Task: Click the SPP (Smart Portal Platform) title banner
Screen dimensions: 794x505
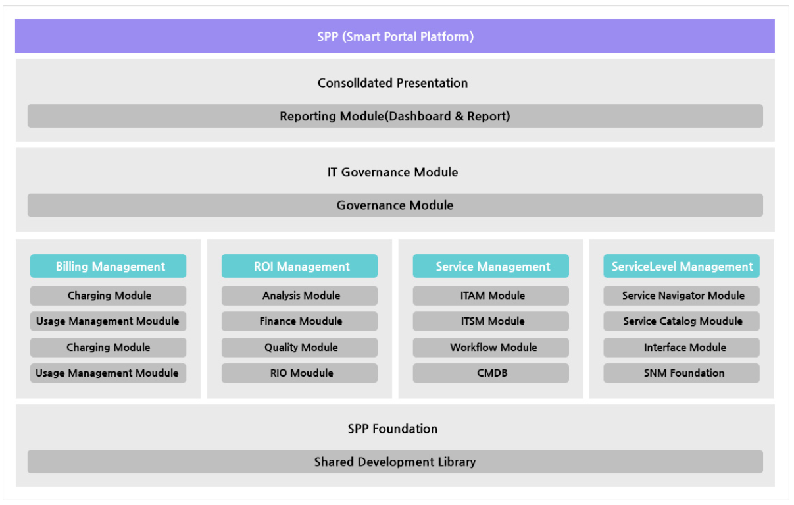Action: pos(395,36)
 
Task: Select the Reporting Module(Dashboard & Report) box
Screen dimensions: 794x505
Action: pos(395,116)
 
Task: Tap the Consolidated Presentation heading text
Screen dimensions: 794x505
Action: pos(393,83)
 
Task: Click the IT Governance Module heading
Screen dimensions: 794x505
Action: pos(393,172)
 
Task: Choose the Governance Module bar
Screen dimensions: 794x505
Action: pos(395,205)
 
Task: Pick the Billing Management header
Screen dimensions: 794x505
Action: pos(108,266)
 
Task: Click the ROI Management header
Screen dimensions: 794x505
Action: pos(299,266)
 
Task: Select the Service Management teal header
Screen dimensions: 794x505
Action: pos(491,266)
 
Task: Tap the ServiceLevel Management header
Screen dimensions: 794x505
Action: pos(682,266)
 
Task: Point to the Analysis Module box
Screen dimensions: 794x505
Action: pos(299,296)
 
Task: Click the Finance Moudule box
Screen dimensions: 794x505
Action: pos(299,321)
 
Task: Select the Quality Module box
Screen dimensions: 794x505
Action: pos(299,347)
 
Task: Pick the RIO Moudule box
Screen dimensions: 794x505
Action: pos(299,373)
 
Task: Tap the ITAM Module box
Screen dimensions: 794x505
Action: pos(491,296)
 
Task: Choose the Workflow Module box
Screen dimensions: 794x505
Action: pos(491,347)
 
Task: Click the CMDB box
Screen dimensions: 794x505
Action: pos(491,373)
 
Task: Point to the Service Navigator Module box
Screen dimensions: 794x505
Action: pos(682,296)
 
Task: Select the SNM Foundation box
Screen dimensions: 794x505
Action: pos(682,373)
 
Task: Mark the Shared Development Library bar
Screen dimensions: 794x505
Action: pos(395,462)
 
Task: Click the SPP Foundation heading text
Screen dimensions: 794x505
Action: pos(393,429)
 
